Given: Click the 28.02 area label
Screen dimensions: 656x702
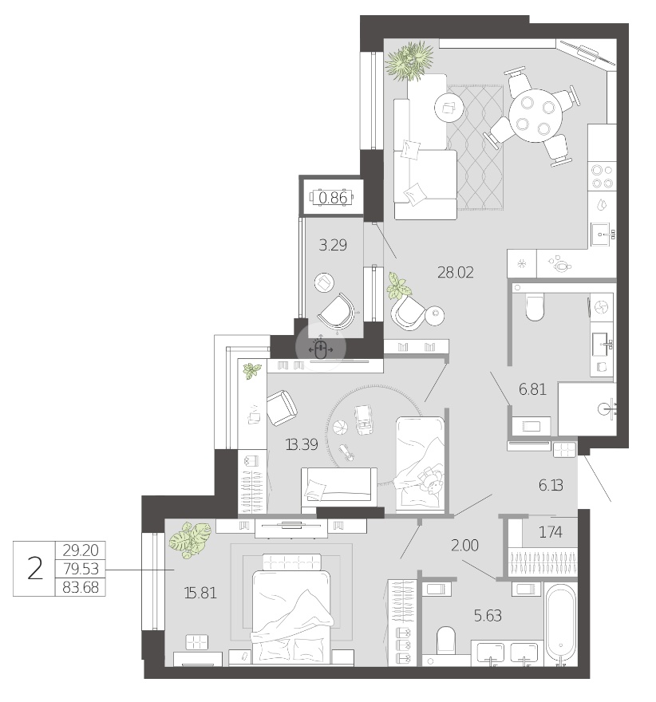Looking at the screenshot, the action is tap(456, 272).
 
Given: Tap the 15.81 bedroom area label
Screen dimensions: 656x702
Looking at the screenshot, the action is tap(200, 593).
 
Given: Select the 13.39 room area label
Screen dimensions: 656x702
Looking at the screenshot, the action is tap(302, 444).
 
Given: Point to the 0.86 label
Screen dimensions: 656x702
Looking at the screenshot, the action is tap(333, 198).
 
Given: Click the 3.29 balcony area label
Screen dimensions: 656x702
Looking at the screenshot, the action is tap(333, 246).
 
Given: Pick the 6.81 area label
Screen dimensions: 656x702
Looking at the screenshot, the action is tap(533, 389).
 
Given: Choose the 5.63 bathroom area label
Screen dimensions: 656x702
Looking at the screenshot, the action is tap(488, 616).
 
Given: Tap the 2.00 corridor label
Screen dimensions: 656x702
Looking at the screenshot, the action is tap(464, 545).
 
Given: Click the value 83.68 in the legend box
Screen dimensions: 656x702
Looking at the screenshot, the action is tap(81, 587).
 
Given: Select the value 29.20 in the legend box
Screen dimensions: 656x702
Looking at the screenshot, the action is tap(81, 550).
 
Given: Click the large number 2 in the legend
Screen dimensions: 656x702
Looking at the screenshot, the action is tap(35, 569).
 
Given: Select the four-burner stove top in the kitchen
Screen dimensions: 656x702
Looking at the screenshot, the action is tap(602, 176).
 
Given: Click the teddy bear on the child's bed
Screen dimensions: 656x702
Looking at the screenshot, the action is tap(431, 480).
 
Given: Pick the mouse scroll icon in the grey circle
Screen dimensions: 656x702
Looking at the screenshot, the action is tap(320, 349).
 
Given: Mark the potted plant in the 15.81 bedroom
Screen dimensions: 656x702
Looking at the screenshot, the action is tap(190, 540).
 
